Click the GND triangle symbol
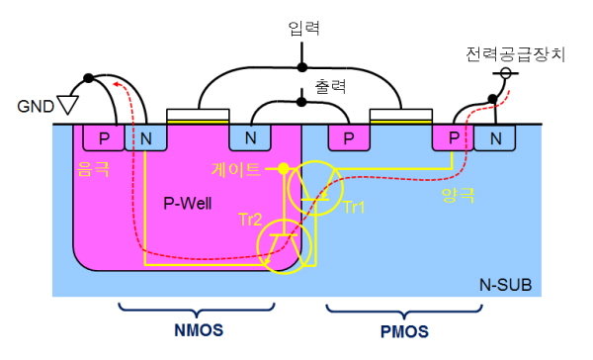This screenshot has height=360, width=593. [x=68, y=105]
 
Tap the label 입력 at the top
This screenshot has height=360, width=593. [x=303, y=28]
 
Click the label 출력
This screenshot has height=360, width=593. [x=330, y=86]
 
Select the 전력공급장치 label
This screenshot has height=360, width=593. [x=515, y=54]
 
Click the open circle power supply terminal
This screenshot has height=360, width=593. [x=506, y=72]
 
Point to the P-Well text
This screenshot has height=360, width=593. [x=188, y=204]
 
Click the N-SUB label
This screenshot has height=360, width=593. [x=505, y=285]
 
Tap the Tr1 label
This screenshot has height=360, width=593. [x=354, y=208]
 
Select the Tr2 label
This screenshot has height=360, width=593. [x=250, y=220]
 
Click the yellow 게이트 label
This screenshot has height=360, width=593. [x=235, y=169]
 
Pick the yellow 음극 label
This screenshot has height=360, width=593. [x=93, y=169]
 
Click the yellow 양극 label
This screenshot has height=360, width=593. [x=458, y=195]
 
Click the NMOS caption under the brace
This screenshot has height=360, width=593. [x=199, y=330]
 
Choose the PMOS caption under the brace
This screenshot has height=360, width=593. [x=404, y=332]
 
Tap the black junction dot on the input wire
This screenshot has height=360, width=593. [x=301, y=67]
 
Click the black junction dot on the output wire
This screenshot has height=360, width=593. [x=301, y=102]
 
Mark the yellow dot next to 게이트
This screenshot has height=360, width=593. [x=284, y=169]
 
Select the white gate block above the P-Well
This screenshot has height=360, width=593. [x=198, y=115]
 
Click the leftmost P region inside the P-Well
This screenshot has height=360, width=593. [x=104, y=138]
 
